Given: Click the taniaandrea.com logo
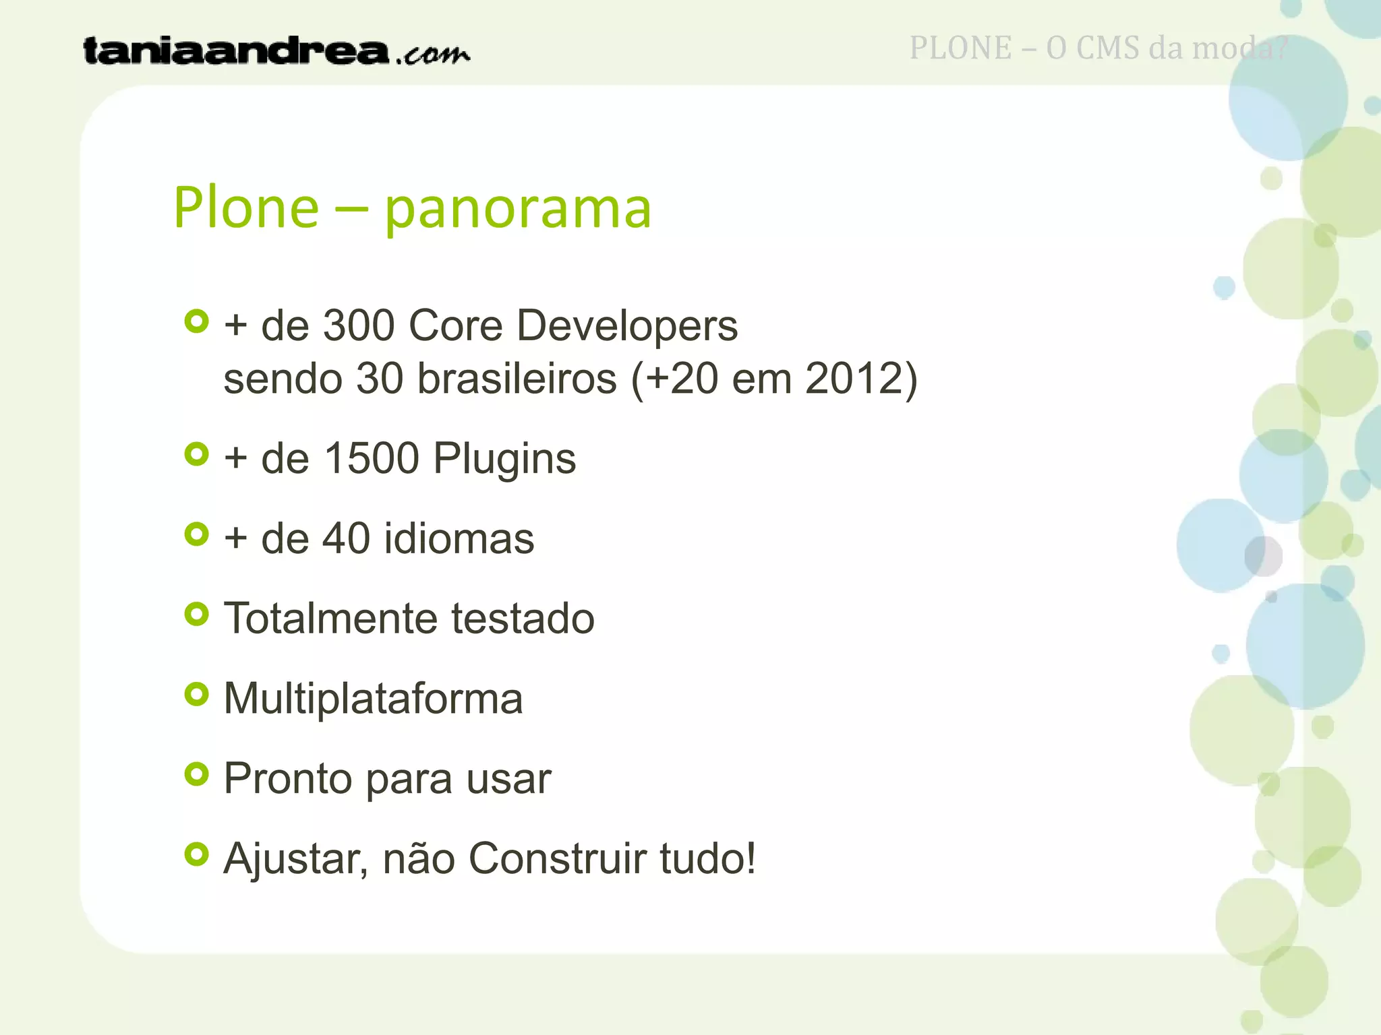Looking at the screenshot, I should pos(276,51).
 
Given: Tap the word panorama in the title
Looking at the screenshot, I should pos(517,209).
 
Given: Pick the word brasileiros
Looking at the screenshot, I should pos(517,378).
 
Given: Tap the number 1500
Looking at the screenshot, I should pos(371,459).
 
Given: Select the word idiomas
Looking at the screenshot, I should pos(459,538).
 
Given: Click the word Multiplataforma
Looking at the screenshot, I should pos(373,699).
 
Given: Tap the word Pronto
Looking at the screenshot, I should pos(288,779).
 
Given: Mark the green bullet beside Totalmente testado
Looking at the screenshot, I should pos(196,614).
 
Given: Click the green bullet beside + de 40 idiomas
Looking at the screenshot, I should pos(196,534).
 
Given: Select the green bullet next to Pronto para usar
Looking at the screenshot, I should pos(196,774).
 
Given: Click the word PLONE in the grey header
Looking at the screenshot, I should pos(960,49).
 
